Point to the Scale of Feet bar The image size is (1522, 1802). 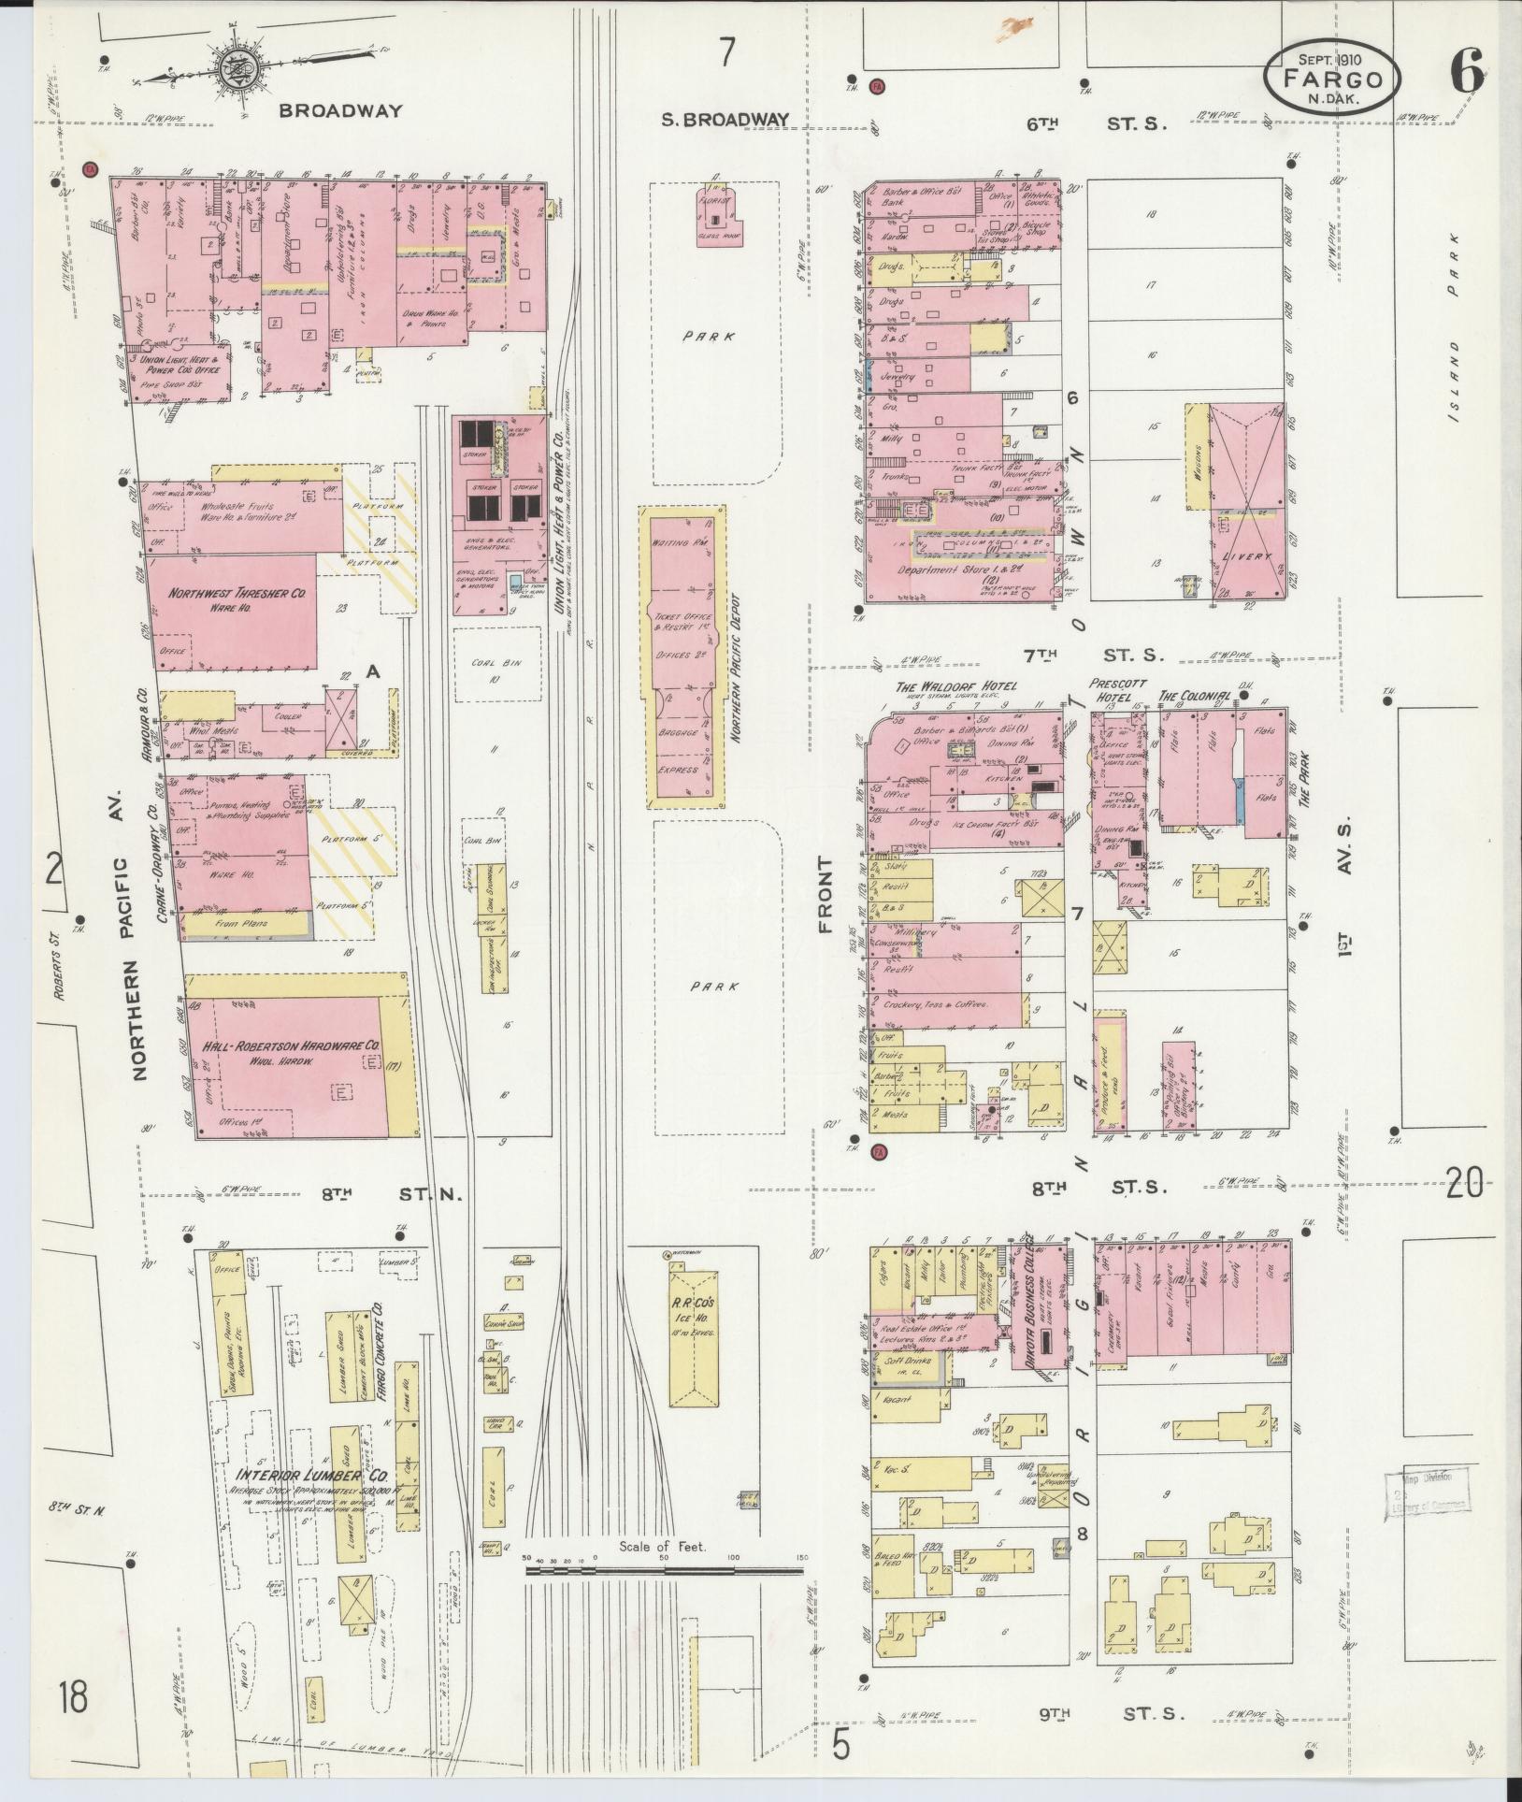(x=663, y=915)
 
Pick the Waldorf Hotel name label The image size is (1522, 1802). (x=955, y=686)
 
